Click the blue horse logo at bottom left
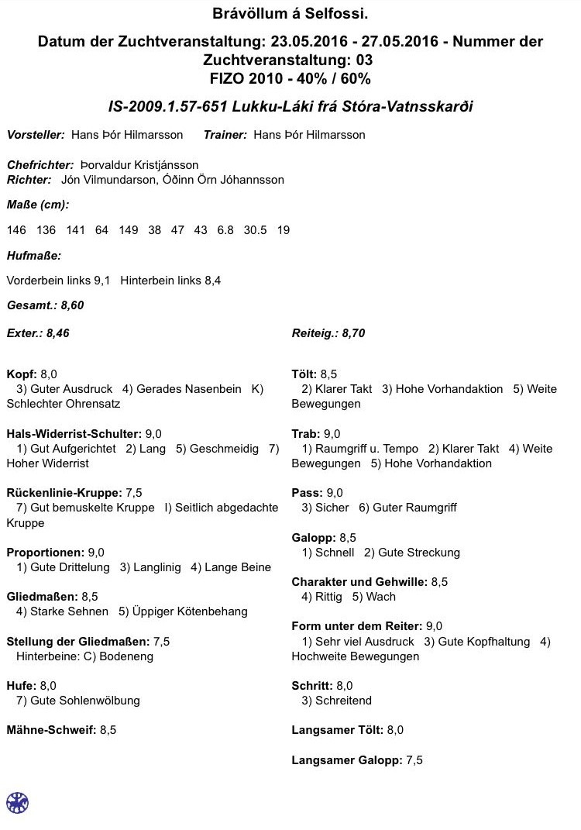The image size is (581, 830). pyautogui.click(x=17, y=802)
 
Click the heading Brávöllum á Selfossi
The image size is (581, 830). pyautogui.click(x=290, y=14)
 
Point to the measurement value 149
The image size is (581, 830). pyautogui.click(x=129, y=230)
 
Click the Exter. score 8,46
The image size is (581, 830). pyautogui.click(x=63, y=334)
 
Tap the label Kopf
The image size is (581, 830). pyautogui.click(x=21, y=374)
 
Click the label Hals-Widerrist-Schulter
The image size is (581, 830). pyautogui.click(x=74, y=434)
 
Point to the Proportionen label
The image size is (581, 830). pyautogui.click(x=45, y=553)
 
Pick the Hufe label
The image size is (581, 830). pyautogui.click(x=20, y=686)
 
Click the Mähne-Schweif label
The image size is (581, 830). pyautogui.click(x=51, y=730)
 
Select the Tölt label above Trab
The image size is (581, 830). pyautogui.click(x=304, y=374)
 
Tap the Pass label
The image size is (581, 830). pyautogui.click(x=306, y=493)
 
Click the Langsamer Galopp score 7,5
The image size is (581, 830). pyautogui.click(x=414, y=760)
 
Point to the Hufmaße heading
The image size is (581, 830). pyautogui.click(x=33, y=255)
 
